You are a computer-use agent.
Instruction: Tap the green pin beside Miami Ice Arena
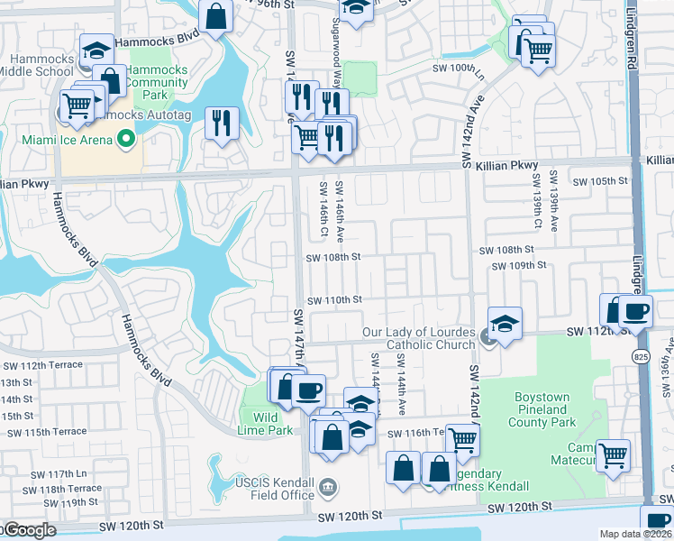127,140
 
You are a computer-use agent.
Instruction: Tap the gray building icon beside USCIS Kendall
328,488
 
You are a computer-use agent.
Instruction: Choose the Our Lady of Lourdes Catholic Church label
418,338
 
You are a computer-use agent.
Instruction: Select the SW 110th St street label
333,299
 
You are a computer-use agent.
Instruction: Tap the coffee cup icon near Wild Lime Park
308,390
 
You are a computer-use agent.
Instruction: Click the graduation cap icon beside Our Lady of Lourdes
505,323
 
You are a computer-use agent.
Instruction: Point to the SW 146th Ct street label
323,208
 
